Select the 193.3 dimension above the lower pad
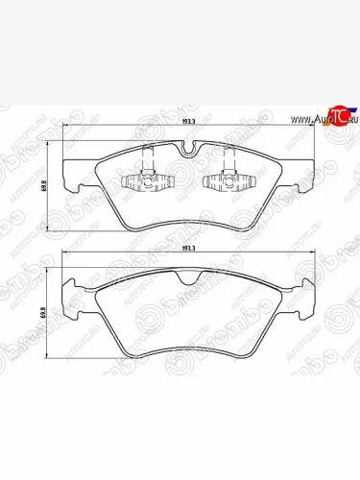coord(188,249)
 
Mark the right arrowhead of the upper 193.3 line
coord(312,130)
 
